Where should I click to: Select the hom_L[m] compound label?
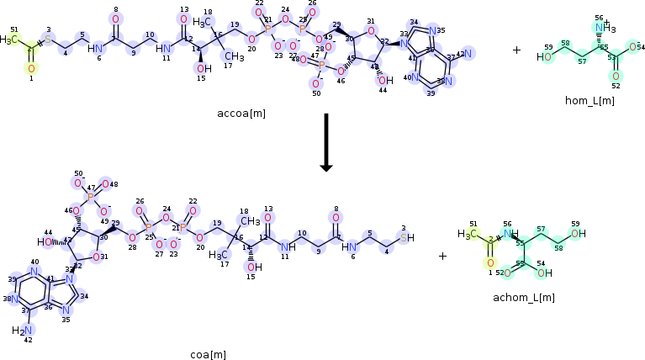click(x=589, y=101)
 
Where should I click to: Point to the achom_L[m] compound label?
click(x=527, y=297)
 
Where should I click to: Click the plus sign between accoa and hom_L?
click(x=516, y=50)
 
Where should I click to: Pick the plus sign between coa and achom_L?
click(x=442, y=256)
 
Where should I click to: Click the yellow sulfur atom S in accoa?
click(x=48, y=39)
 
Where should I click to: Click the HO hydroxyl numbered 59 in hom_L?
click(x=547, y=57)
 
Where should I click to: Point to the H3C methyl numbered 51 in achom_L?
click(x=468, y=234)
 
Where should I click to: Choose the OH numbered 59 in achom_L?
click(x=578, y=234)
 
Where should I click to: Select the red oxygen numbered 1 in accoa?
click(x=31, y=68)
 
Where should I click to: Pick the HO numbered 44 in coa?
click(x=45, y=241)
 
